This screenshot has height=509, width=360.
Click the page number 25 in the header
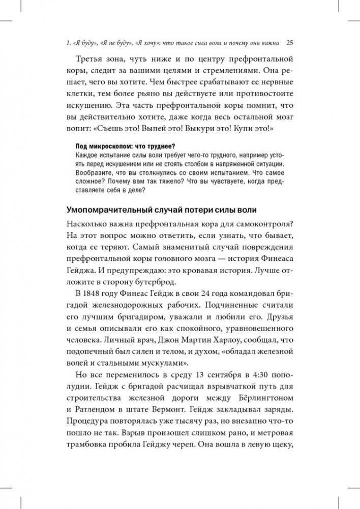(290, 42)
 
